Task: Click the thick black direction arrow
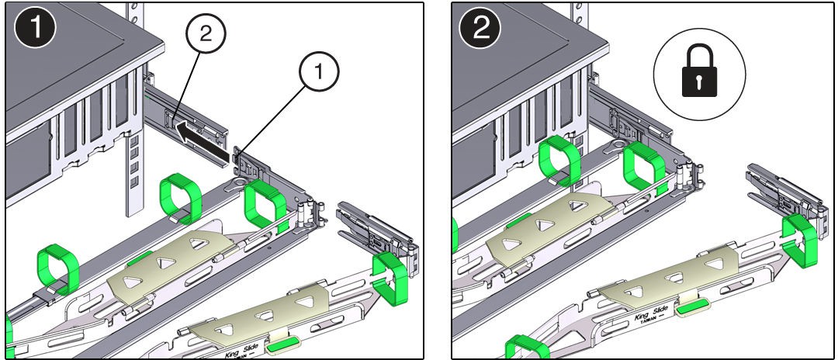pos(203,147)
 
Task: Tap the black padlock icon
pos(699,74)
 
